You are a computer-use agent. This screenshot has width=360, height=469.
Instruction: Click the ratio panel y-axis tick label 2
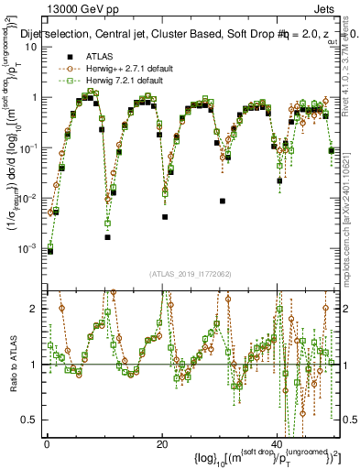pos(33,309)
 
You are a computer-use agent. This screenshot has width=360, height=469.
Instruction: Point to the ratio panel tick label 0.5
pos(29,420)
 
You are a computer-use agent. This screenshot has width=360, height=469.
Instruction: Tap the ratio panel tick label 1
pos(33,365)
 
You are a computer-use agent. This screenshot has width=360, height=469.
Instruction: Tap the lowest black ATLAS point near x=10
pos(107,237)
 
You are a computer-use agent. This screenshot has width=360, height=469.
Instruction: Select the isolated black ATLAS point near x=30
pos(223,201)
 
